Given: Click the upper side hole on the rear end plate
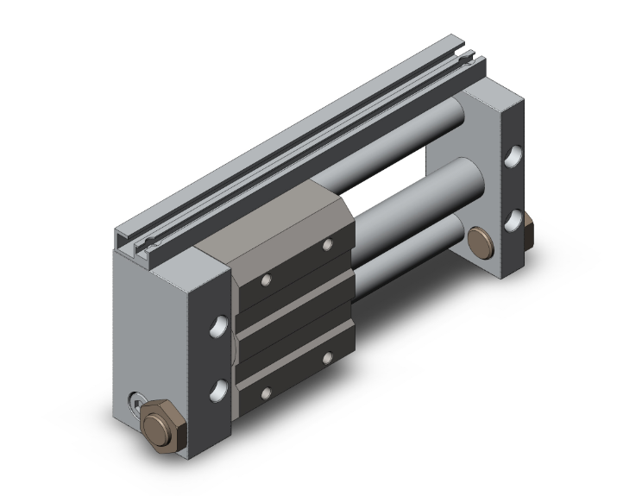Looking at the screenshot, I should tap(514, 157).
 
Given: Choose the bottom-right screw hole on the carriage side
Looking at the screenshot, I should tap(328, 356).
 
